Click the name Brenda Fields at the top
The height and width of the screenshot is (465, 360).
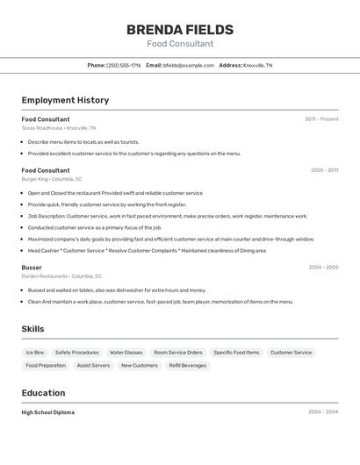coord(180,29)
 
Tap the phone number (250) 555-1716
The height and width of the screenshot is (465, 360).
coord(124,65)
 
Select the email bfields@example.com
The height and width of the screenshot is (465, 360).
coord(189,65)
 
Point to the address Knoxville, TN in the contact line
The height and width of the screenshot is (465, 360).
coord(257,65)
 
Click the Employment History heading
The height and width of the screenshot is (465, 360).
coord(65,100)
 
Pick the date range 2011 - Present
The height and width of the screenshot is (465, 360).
coord(321,118)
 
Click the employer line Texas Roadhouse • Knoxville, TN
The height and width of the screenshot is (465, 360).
coord(59,128)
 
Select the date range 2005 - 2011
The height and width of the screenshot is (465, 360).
coord(323,170)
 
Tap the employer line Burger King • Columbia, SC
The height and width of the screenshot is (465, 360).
coord(52,179)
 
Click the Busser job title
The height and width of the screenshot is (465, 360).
coord(32,267)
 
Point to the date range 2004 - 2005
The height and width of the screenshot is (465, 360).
coord(323,267)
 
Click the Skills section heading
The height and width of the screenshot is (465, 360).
coord(33,329)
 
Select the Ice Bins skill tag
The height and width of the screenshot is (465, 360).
coord(35,353)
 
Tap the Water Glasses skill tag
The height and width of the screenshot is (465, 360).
coord(126,353)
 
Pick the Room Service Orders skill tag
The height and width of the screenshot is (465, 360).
coord(178,353)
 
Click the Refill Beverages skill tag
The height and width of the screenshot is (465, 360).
coord(188,365)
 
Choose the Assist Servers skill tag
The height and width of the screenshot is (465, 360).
coord(93,365)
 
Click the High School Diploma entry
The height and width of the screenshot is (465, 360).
coord(48,411)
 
